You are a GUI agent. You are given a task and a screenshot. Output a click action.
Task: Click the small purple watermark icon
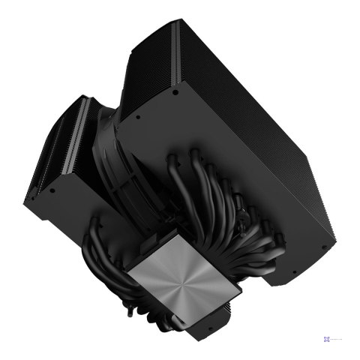tap(327, 338)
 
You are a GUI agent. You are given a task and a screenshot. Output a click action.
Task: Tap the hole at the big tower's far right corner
tap(324, 245)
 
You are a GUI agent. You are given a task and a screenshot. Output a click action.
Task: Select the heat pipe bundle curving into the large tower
tap(225, 217)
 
